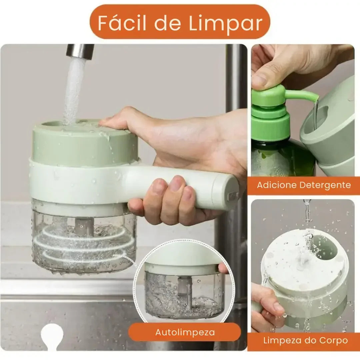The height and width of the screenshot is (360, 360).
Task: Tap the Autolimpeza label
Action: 185,332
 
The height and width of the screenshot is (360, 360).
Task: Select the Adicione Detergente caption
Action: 304,185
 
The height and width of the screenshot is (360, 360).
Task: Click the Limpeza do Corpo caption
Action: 305,341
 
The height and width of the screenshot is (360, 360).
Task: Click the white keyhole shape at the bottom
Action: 51,335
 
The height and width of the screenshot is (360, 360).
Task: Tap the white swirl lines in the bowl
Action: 83,245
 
